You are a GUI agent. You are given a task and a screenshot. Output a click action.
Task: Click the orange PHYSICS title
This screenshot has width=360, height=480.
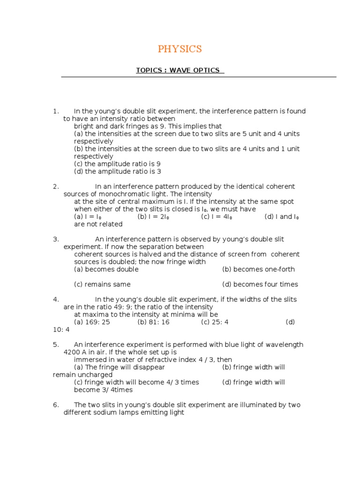(x=180, y=49)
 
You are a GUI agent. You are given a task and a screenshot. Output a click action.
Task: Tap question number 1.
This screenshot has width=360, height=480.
(x=56, y=112)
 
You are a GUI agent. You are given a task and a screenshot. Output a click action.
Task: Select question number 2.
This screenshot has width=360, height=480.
(x=56, y=187)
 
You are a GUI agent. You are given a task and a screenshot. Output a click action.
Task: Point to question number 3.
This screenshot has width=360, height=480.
(x=56, y=239)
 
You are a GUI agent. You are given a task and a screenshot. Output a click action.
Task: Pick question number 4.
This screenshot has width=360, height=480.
(x=56, y=300)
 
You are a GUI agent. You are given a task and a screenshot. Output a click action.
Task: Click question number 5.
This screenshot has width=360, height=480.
(x=56, y=345)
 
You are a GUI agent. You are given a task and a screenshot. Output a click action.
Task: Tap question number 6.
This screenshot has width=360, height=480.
(x=56, y=405)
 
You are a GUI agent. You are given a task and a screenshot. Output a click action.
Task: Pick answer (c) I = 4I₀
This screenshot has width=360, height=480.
(x=217, y=217)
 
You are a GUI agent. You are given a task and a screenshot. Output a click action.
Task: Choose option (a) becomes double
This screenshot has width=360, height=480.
(x=106, y=270)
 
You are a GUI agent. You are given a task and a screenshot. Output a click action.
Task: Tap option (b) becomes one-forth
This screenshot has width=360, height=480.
(x=258, y=270)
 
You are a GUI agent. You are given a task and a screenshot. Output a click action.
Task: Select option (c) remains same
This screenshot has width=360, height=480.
(x=102, y=285)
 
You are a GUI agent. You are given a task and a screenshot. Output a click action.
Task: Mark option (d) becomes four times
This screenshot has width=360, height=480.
(x=260, y=285)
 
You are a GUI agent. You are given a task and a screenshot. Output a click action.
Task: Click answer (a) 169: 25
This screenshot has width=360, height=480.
(x=92, y=322)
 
